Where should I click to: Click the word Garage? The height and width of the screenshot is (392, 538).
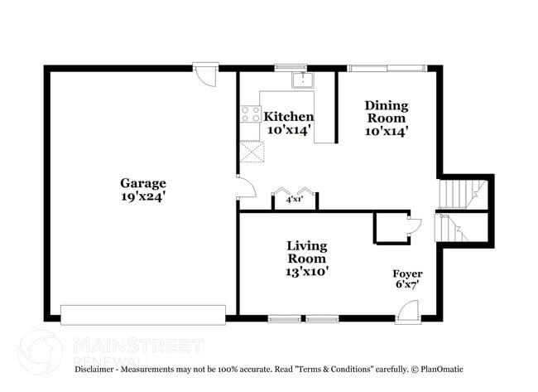(x=143, y=183)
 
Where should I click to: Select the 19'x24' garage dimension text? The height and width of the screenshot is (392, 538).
(x=143, y=197)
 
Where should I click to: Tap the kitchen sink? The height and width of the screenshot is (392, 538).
(x=304, y=80)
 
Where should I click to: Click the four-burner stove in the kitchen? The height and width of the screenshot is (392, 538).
(x=251, y=114)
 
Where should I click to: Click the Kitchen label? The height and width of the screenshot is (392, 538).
(x=288, y=117)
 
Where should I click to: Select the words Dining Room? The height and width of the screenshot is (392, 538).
(x=387, y=111)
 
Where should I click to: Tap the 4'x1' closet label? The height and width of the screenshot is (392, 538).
(x=294, y=200)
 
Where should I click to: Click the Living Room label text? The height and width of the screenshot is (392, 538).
(x=306, y=252)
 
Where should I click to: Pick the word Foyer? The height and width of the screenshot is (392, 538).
(x=407, y=273)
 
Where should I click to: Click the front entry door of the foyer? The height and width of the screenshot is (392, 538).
(x=407, y=312)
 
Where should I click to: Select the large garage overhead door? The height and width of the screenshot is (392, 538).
(x=143, y=314)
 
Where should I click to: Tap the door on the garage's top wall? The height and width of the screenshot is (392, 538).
(x=204, y=73)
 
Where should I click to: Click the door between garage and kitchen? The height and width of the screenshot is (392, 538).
(x=244, y=186)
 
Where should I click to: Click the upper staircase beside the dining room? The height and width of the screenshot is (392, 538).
(x=458, y=194)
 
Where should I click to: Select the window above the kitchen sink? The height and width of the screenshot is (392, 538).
(x=291, y=68)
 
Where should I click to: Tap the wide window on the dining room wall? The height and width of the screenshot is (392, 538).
(x=387, y=68)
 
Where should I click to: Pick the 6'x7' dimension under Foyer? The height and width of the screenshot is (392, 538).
(x=407, y=284)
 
